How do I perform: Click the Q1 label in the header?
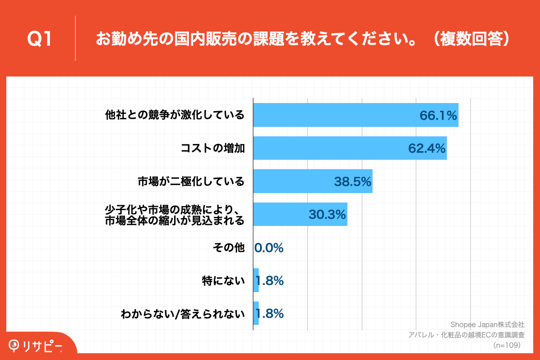tap(40, 39)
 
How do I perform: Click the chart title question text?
tap(302, 39)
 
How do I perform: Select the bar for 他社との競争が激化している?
tap(355, 115)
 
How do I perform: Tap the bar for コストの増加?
tap(350, 148)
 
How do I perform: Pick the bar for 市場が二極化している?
tap(313, 181)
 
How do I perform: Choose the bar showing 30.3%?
tap(300, 214)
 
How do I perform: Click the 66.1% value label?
tap(438, 116)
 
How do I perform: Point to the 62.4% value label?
tap(427, 148)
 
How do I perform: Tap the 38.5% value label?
tap(352, 182)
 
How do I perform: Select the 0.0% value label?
tap(269, 248)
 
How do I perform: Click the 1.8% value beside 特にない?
tap(270, 281)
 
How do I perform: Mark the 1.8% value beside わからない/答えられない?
tap(270, 314)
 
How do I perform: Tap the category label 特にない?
tap(223, 281)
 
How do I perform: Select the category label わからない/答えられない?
tap(182, 314)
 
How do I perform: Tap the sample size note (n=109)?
tap(507, 345)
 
